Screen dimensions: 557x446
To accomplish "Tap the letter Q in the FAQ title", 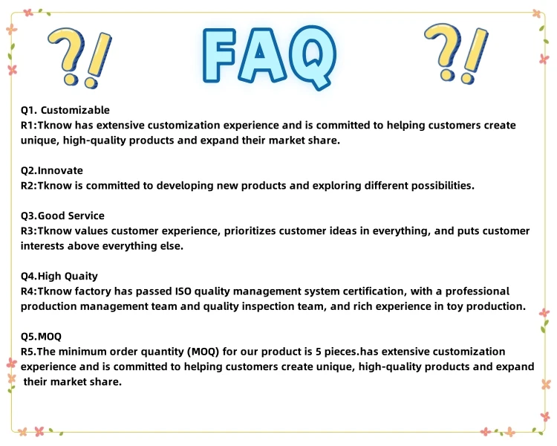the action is (313, 57).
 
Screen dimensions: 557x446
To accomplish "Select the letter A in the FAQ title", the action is (262, 55).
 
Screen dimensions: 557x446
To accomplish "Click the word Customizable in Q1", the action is (75, 110).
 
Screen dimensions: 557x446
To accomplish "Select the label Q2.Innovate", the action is (52, 170).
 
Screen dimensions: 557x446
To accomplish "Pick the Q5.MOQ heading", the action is (41, 337).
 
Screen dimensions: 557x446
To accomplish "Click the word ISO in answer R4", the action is (183, 291).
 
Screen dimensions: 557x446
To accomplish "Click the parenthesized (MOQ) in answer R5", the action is (203, 352).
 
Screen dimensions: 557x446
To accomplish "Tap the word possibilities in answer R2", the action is (443, 186).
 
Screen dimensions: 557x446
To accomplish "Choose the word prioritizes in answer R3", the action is (250, 231).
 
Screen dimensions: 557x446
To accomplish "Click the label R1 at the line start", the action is (27, 125).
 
